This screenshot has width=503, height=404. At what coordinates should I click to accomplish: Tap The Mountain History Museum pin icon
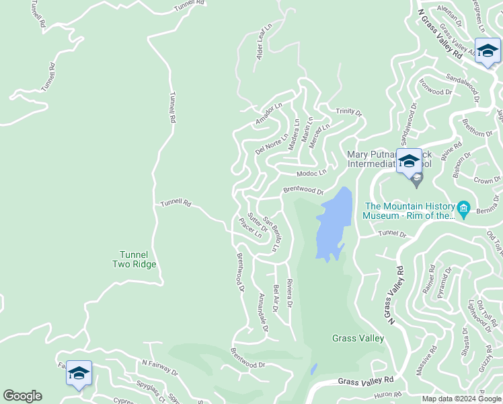click(x=463, y=207)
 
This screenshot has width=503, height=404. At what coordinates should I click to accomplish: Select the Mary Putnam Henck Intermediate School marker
click(x=409, y=162)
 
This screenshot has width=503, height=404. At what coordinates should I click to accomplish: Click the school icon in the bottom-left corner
click(x=79, y=373)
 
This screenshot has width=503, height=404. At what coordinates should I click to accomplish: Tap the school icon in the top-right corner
click(x=488, y=50)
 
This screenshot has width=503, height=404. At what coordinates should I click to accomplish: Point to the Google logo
click(x=22, y=396)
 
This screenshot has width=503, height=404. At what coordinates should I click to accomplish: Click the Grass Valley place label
click(x=358, y=338)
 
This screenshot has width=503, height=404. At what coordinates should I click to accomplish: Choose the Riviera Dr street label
click(x=290, y=293)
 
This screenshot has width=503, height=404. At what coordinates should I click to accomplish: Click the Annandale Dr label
click(x=264, y=314)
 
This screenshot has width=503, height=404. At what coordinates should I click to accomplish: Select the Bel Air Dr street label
click(x=276, y=298)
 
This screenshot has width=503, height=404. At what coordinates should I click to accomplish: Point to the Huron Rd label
click(x=388, y=395)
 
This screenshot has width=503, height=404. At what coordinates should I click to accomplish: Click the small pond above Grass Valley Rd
click(x=313, y=370)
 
